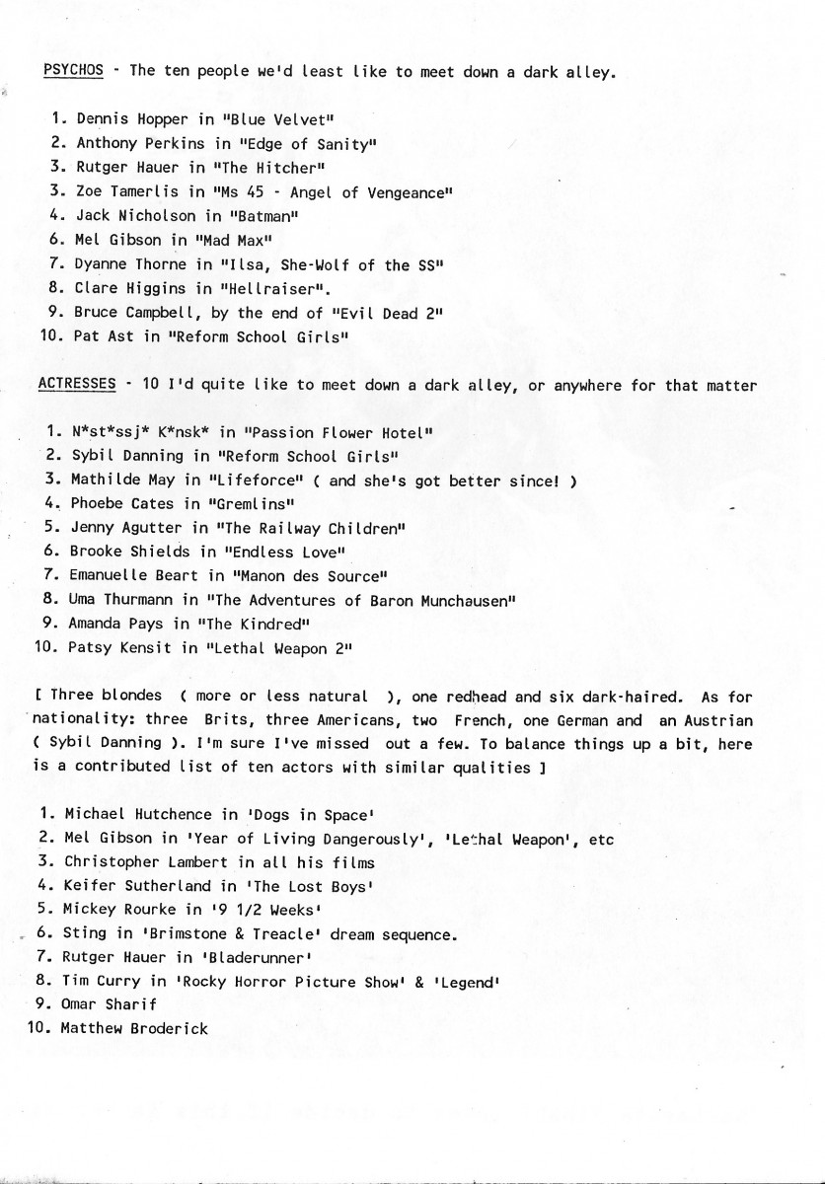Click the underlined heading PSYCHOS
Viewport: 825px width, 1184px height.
[x=74, y=70]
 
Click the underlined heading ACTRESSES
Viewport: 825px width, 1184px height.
[x=77, y=384]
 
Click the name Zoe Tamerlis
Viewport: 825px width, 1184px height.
[x=125, y=191]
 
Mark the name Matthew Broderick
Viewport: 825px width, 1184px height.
[x=134, y=1028]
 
